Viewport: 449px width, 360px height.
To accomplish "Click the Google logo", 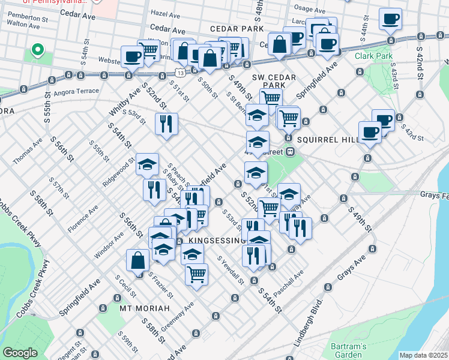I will (x=20, y=353).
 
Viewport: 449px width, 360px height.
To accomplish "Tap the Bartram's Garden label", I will (x=349, y=350).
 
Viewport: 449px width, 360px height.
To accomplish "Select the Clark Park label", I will (x=373, y=56).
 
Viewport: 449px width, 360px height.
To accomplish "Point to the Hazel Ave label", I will (x=166, y=13).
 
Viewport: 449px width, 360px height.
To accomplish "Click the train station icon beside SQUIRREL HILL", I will (x=289, y=151).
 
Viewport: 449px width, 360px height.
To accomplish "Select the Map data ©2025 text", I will (x=423, y=355).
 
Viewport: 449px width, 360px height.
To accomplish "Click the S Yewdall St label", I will (x=231, y=271).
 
